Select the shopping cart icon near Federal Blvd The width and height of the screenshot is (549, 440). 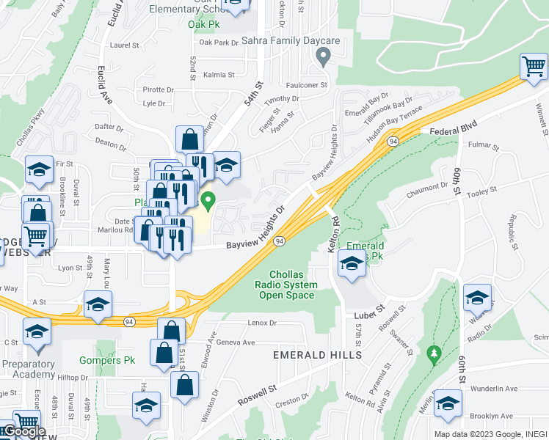[534, 67]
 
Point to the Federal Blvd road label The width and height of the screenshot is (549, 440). [453, 130]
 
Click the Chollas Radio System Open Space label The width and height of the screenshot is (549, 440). [286, 285]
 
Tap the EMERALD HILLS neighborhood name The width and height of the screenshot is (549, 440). [317, 355]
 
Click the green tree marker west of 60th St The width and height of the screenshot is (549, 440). [433, 353]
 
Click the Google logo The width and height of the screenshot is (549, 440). [23, 431]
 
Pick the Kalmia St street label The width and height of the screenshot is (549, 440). [219, 75]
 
